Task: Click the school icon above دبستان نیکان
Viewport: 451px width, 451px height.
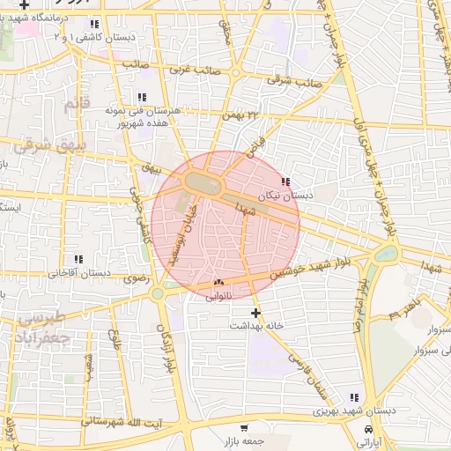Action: tap(285, 182)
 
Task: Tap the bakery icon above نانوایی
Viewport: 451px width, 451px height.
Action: tap(218, 283)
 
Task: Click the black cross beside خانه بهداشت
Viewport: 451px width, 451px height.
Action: tap(256, 312)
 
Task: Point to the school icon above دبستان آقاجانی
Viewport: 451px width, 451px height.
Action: tap(78, 259)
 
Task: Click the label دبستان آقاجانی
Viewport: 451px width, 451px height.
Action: tap(84, 273)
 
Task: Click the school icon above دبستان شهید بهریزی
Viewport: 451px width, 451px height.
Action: tap(354, 397)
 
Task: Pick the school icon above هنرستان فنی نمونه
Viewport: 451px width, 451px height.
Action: tap(141, 97)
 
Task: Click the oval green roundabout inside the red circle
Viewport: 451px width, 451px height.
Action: tap(202, 181)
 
